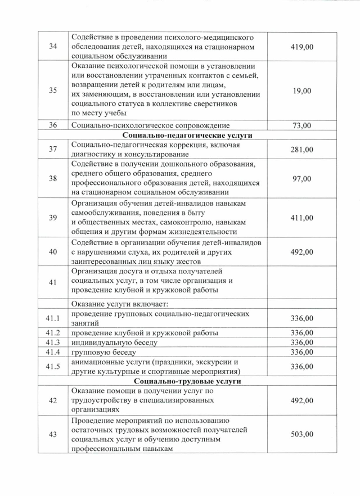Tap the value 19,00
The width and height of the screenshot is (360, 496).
[x=301, y=93]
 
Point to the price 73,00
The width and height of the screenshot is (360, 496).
[x=301, y=125]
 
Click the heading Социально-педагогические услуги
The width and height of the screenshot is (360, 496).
[x=187, y=135]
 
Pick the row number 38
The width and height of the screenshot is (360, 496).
[x=53, y=178]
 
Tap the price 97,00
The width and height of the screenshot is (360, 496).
[x=301, y=178]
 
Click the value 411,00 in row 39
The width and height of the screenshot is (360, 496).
[x=301, y=218]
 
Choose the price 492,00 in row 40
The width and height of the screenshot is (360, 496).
[x=301, y=252]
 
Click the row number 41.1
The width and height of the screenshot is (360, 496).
[x=53, y=318]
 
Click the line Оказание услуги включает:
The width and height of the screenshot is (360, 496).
[x=116, y=304]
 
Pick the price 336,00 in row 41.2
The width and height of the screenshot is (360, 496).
[x=301, y=333]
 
